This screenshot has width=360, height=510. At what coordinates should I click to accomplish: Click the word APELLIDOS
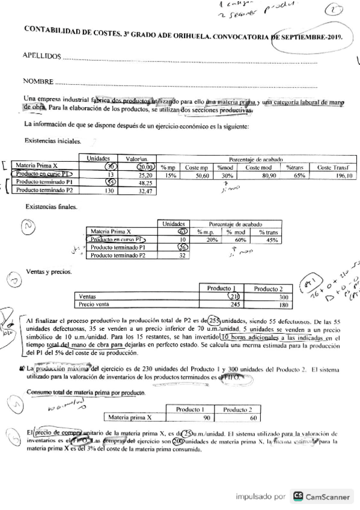[x=41, y=57]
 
